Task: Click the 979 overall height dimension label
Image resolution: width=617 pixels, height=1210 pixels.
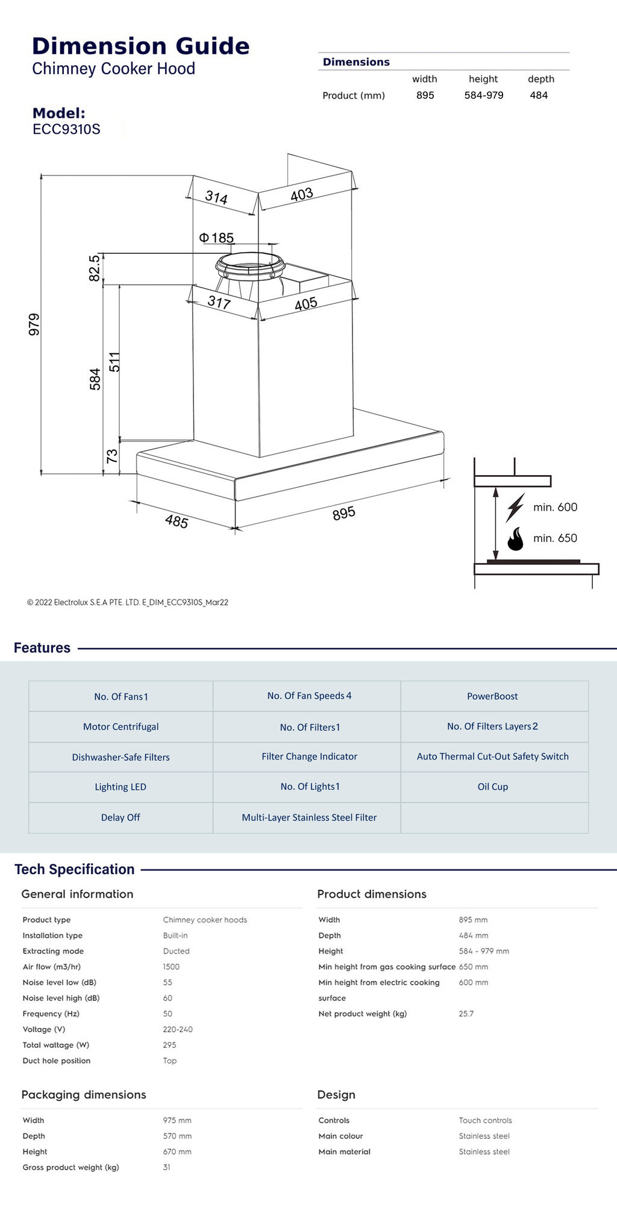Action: click(x=34, y=324)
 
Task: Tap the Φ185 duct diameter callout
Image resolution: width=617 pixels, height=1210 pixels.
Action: click(x=217, y=238)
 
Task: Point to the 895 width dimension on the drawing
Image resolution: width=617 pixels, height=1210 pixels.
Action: click(x=344, y=514)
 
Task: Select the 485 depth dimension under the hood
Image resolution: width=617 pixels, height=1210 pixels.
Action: click(x=177, y=521)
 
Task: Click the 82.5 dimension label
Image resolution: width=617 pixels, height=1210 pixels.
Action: click(x=95, y=268)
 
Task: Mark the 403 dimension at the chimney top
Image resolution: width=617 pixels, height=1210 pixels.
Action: click(x=302, y=195)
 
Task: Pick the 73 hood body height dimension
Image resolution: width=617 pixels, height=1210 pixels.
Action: click(x=112, y=456)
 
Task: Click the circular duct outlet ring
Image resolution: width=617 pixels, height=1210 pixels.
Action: click(x=250, y=265)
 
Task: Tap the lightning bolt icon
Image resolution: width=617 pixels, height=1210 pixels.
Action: click(x=515, y=507)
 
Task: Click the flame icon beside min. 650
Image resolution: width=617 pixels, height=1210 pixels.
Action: click(x=515, y=539)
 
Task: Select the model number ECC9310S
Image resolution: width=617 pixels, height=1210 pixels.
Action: click(x=66, y=129)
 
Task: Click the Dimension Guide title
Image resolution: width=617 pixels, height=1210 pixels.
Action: click(x=140, y=46)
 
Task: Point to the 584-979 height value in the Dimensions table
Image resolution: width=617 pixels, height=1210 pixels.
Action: click(x=483, y=95)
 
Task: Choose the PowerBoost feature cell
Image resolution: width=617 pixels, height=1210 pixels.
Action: click(x=492, y=696)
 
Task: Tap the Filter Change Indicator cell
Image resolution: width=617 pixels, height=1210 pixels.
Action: click(x=309, y=757)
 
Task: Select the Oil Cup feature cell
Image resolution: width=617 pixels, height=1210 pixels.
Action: click(x=493, y=787)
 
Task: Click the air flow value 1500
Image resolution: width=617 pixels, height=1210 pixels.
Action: click(x=171, y=967)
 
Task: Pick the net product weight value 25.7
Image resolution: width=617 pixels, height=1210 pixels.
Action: click(x=466, y=1014)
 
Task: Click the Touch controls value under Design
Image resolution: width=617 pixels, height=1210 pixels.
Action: click(x=485, y=1121)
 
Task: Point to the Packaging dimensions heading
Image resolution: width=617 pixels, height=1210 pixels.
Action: click(x=84, y=1095)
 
